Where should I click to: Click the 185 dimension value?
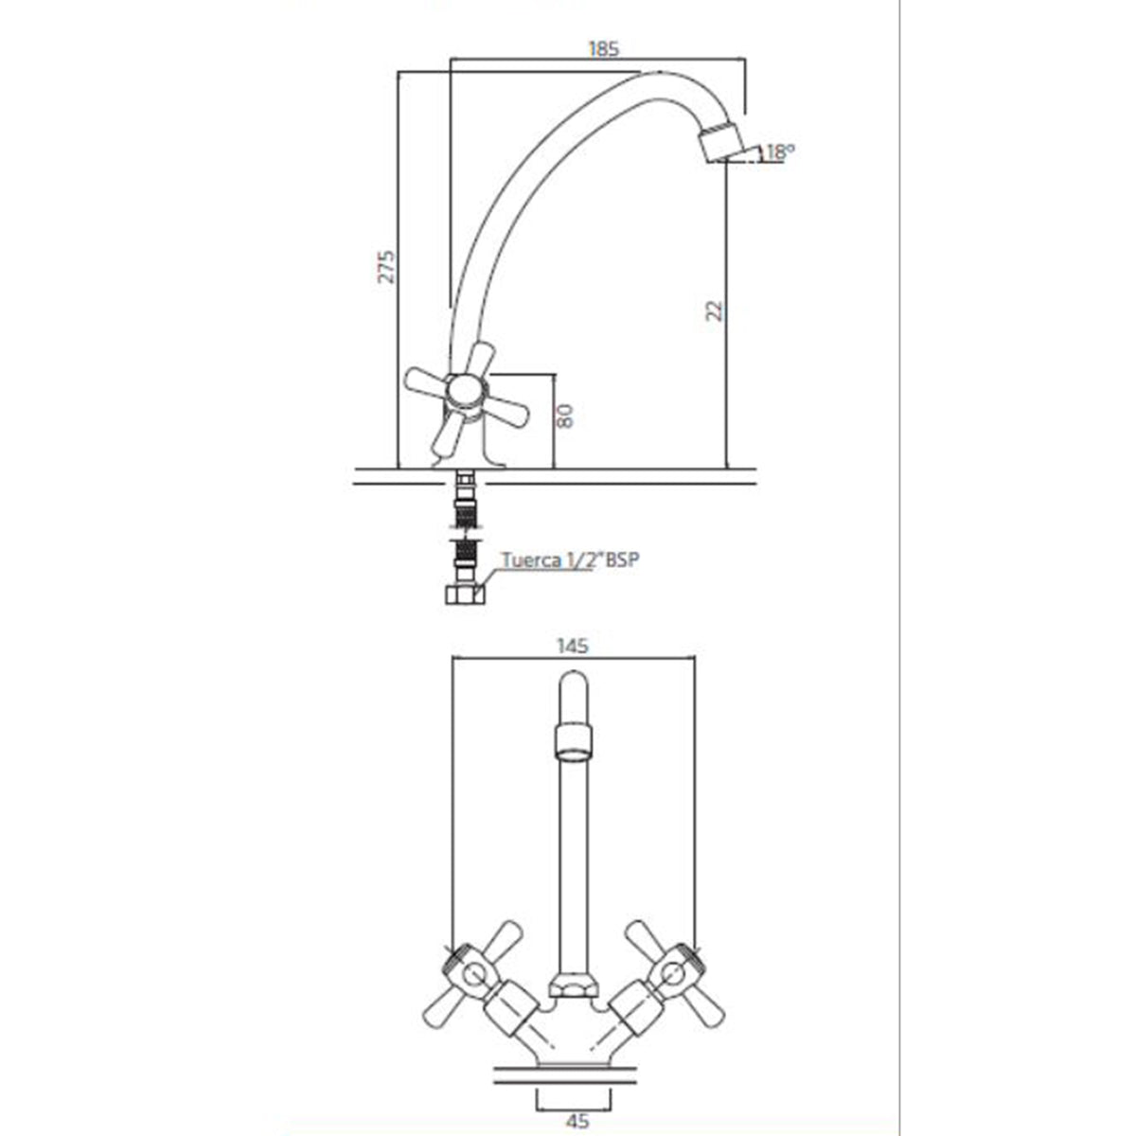604,48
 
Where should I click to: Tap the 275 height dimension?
386,267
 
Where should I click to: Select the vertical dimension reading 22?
715,311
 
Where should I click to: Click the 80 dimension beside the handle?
565,417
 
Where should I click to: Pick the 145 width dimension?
573,647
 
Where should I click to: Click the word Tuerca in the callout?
530,560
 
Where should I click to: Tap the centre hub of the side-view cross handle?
466,393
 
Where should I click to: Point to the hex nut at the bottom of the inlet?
464,595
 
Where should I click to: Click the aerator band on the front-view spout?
574,745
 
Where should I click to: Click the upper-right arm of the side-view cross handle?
481,357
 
